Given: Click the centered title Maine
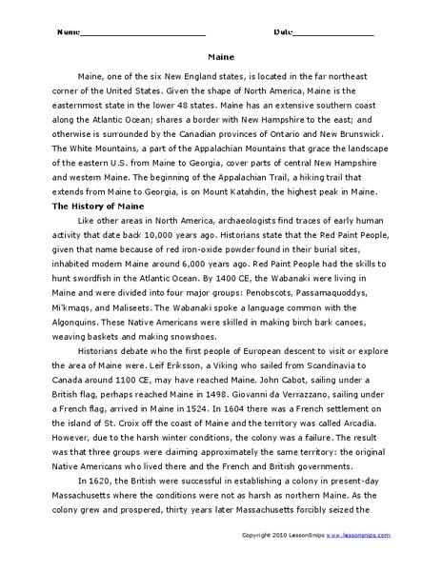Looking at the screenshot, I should (221, 55).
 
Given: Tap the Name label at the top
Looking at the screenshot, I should (68, 32).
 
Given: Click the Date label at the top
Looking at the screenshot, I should (284, 32).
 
